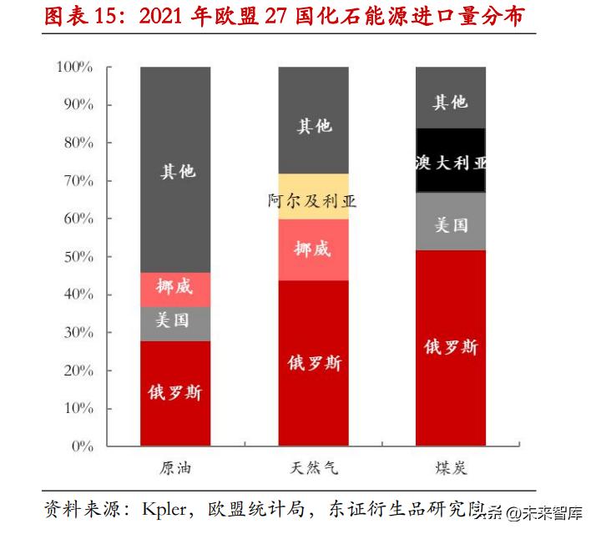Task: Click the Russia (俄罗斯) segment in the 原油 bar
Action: click(x=175, y=393)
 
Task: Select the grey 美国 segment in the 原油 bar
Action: click(x=175, y=320)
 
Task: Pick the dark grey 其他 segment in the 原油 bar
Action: click(x=175, y=170)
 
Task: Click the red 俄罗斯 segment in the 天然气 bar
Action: click(x=313, y=363)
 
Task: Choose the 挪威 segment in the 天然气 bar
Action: click(x=313, y=249)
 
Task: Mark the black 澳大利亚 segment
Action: click(x=451, y=161)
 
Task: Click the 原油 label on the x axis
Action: click(x=175, y=468)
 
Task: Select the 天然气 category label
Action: click(x=313, y=468)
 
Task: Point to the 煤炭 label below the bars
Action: click(x=451, y=468)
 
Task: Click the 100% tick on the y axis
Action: click(x=74, y=68)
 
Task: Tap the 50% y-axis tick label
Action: click(x=77, y=257)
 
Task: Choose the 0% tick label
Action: click(x=81, y=446)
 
